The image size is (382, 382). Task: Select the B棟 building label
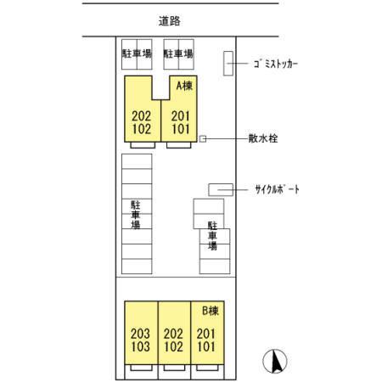click(211, 311)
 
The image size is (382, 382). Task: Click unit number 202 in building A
click(142, 116)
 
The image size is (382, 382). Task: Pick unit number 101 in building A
click(180, 129)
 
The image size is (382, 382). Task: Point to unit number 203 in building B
click(140, 334)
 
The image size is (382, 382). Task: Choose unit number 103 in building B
click(140, 347)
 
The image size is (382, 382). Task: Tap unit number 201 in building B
click(207, 334)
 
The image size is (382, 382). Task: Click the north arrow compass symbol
click(275, 361)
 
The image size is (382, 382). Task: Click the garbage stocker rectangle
click(228, 64)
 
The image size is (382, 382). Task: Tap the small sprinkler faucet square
click(202, 138)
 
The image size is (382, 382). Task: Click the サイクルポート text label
click(277, 188)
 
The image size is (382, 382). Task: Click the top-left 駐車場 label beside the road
click(136, 53)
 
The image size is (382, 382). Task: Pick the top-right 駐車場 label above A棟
click(178, 53)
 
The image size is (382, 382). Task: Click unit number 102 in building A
click(142, 129)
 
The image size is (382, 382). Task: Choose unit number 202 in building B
click(173, 347)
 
